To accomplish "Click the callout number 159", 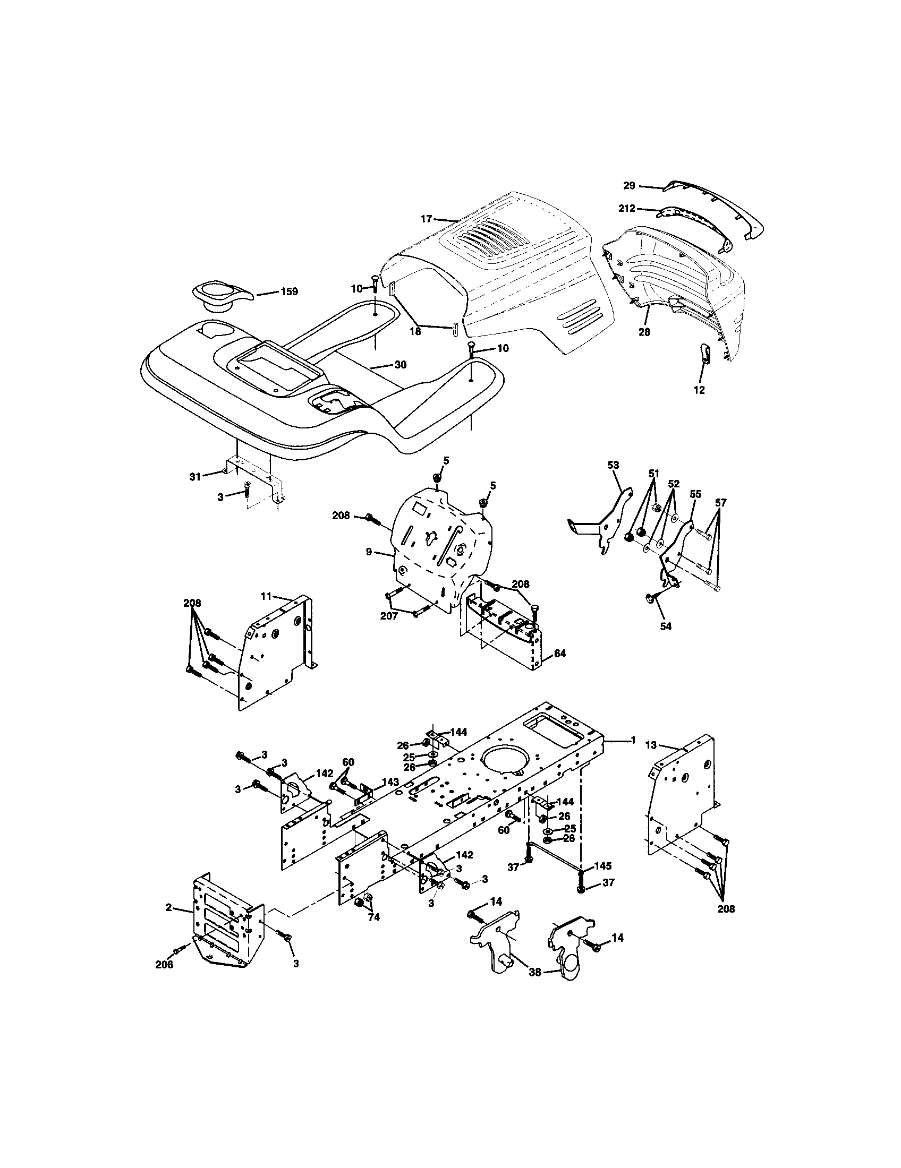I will (x=289, y=292).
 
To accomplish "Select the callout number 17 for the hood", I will (x=426, y=218).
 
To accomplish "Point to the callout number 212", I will (x=626, y=209).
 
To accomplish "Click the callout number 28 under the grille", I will (x=644, y=332).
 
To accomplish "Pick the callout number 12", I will (x=699, y=390).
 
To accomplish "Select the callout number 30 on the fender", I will (x=400, y=365).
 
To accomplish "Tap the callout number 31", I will (x=195, y=476).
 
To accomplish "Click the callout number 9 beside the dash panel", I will (x=369, y=552).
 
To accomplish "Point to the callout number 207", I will (x=389, y=616).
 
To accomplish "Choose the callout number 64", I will (x=559, y=654).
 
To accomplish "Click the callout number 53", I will (x=613, y=465).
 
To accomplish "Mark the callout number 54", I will (x=665, y=626).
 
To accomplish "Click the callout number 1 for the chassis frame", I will (x=633, y=740).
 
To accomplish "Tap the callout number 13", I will (x=650, y=744).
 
